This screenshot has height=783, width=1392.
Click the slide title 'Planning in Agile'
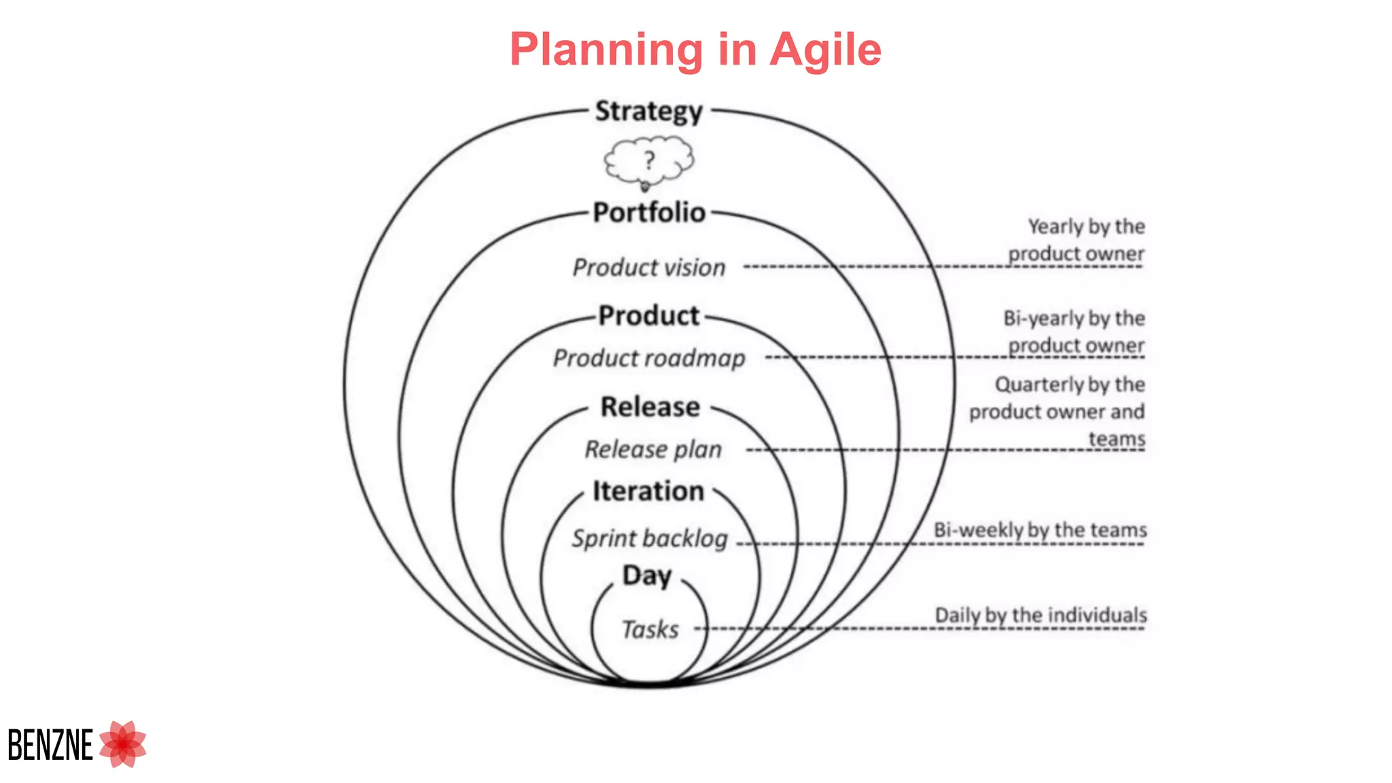(695, 50)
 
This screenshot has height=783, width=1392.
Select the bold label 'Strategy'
(648, 111)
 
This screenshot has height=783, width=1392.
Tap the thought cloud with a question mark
(649, 162)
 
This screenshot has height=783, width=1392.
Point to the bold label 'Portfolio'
(649, 213)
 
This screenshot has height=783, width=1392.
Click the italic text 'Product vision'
(649, 268)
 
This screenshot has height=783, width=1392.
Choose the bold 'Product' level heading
(649, 316)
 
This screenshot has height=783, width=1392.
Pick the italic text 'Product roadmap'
(649, 358)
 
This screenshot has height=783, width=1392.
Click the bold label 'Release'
(650, 407)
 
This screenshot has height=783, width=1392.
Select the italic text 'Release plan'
(653, 449)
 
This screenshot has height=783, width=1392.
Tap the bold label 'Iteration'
(648, 491)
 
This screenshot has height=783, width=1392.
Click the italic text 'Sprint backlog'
(650, 538)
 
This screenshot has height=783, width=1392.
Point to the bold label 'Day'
(647, 576)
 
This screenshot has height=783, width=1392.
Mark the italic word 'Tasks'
(650, 630)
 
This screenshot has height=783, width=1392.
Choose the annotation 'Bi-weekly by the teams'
(1040, 530)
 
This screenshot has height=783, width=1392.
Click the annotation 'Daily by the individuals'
(1041, 615)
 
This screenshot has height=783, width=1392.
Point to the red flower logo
(123, 744)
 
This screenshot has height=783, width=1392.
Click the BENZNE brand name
(50, 745)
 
